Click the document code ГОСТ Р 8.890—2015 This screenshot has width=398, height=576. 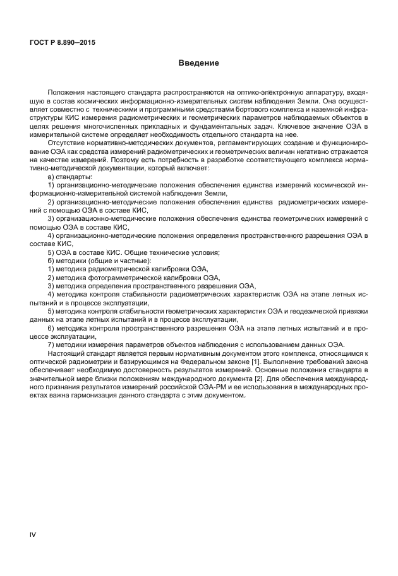click(x=66, y=43)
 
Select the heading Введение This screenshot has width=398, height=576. click(x=198, y=63)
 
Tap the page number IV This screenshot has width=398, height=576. click(x=33, y=535)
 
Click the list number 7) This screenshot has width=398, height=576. click(x=51, y=344)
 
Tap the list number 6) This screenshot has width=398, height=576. click(x=51, y=327)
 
